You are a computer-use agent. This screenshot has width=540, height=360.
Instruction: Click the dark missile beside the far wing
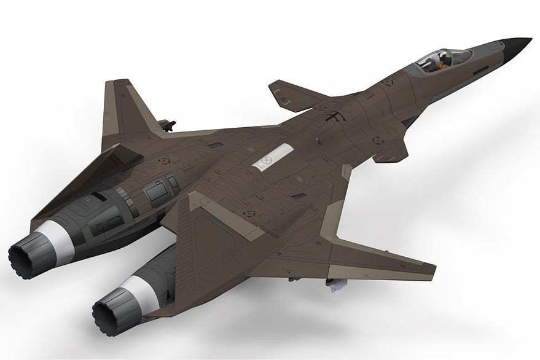(x=164, y=126)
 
